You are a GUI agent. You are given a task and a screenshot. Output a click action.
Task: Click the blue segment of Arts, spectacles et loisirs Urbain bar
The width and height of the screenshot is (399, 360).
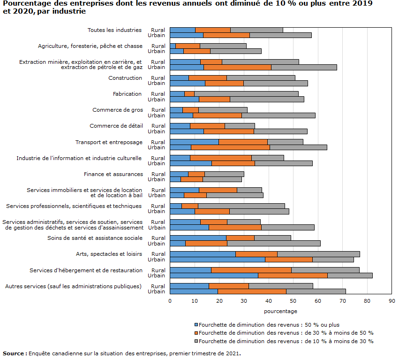(x=218, y=260)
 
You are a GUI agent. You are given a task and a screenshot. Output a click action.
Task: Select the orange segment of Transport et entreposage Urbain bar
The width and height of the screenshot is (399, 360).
(x=231, y=147)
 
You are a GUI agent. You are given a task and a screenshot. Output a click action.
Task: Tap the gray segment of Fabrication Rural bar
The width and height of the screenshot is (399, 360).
(x=246, y=94)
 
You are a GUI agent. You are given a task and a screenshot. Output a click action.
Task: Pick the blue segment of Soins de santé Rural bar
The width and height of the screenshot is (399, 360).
(x=198, y=238)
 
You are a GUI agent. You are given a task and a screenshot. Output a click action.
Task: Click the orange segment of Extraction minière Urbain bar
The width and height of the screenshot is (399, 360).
(x=237, y=68)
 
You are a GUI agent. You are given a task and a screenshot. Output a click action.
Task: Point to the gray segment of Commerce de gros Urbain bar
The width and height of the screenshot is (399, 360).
(x=279, y=115)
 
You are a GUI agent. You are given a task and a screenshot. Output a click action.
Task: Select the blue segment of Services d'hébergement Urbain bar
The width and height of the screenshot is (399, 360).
(x=214, y=276)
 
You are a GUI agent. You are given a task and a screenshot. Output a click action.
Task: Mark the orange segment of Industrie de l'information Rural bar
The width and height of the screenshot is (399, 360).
(x=221, y=158)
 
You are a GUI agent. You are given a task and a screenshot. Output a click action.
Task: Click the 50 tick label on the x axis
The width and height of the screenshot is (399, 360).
(x=293, y=301)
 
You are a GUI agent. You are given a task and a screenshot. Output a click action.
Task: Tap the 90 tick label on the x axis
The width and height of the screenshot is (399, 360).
(x=392, y=301)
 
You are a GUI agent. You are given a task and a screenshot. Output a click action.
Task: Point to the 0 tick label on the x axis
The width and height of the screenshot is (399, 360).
(x=170, y=301)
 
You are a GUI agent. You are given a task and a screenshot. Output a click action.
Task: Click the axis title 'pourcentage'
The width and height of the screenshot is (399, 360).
(x=280, y=311)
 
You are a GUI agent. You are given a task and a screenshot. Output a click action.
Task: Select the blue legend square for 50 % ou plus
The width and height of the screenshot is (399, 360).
(x=196, y=325)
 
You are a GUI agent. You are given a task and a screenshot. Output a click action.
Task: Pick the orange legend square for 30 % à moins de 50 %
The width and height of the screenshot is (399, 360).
(x=196, y=333)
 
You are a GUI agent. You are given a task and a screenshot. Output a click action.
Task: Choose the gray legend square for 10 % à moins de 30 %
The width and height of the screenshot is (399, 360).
(x=196, y=341)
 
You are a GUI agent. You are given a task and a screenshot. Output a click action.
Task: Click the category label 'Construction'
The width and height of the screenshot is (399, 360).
(x=125, y=78)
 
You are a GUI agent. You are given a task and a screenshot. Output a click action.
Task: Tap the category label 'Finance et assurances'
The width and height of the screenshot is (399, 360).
(x=113, y=174)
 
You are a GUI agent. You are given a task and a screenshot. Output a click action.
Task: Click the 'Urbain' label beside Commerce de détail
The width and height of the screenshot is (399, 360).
(x=156, y=131)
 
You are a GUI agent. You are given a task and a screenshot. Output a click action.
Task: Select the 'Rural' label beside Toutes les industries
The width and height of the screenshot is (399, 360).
(x=158, y=30)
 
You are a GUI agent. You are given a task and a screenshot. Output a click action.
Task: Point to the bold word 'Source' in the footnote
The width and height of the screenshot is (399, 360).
(x=14, y=353)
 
